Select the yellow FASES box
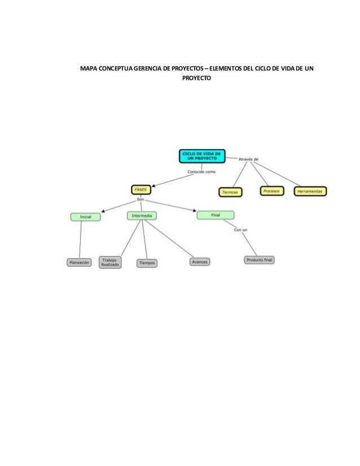(x=141, y=190)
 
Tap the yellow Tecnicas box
(x=230, y=192)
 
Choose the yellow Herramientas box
(x=310, y=192)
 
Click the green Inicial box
(x=86, y=217)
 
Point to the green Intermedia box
(x=141, y=216)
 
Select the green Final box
(x=215, y=214)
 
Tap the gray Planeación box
(x=79, y=262)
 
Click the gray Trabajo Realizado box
(x=109, y=262)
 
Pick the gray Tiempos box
(x=147, y=263)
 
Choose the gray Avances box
(x=199, y=262)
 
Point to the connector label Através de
(x=248, y=159)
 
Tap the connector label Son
(x=141, y=200)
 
